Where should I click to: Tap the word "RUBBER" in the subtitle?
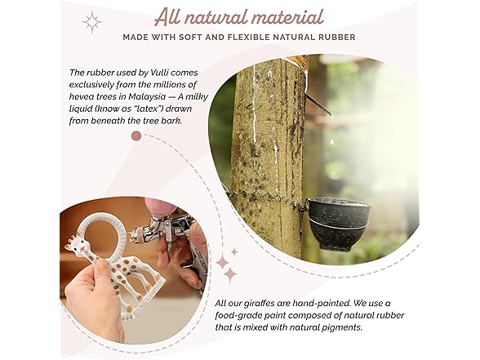click(x=338, y=38)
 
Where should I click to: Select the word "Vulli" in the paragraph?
click(x=159, y=73)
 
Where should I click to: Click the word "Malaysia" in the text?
click(x=147, y=96)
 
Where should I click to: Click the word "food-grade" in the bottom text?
click(x=235, y=315)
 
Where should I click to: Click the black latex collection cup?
click(x=338, y=224)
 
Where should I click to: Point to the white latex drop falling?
click(x=331, y=141)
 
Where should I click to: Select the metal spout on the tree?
click(x=318, y=104)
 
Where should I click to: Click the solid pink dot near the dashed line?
click(x=136, y=136)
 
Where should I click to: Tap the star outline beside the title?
click(x=92, y=22)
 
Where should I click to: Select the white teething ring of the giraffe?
click(x=104, y=233)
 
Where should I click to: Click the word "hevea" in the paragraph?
click(x=79, y=96)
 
